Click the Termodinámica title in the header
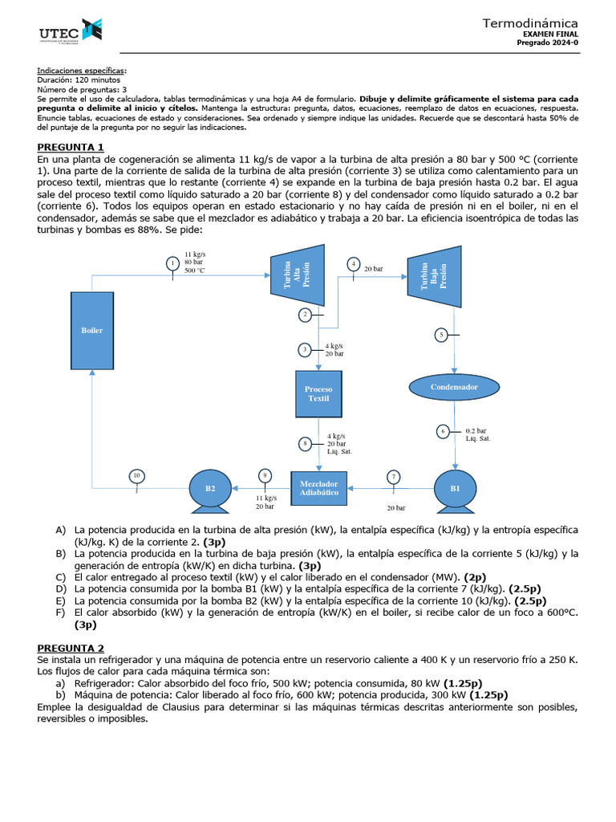(529, 23)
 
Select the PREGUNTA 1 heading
(71, 147)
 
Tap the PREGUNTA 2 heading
(71, 648)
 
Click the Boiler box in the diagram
(91, 330)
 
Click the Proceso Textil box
(318, 393)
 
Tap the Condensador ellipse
(454, 387)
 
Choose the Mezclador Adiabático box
(319, 487)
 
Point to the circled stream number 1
(172, 263)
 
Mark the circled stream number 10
(136, 476)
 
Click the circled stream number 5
(440, 335)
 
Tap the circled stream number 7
(394, 477)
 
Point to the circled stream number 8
(305, 443)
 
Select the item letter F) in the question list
(60, 612)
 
